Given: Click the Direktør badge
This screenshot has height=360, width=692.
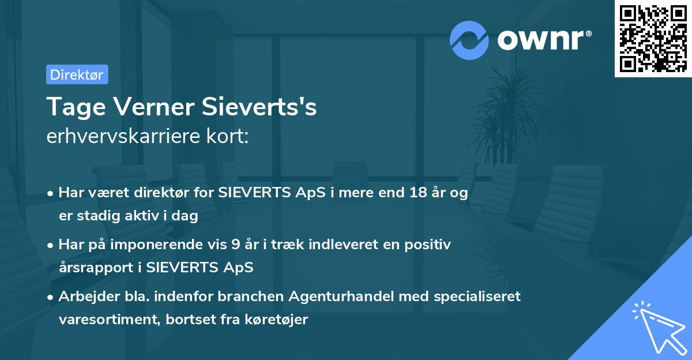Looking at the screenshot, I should [x=77, y=74].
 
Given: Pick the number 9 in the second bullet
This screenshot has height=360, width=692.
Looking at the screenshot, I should [x=235, y=245].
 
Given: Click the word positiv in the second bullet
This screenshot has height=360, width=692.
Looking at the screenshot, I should [x=430, y=245].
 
